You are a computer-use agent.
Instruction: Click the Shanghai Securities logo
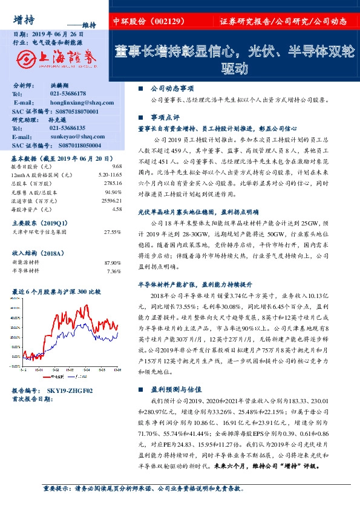[x=54, y=59]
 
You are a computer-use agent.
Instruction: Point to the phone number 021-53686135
[x=68, y=128]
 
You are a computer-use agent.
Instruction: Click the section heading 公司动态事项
[x=168, y=88]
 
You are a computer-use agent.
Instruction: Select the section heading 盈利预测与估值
[x=172, y=391]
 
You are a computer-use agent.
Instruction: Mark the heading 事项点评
[x=163, y=117]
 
